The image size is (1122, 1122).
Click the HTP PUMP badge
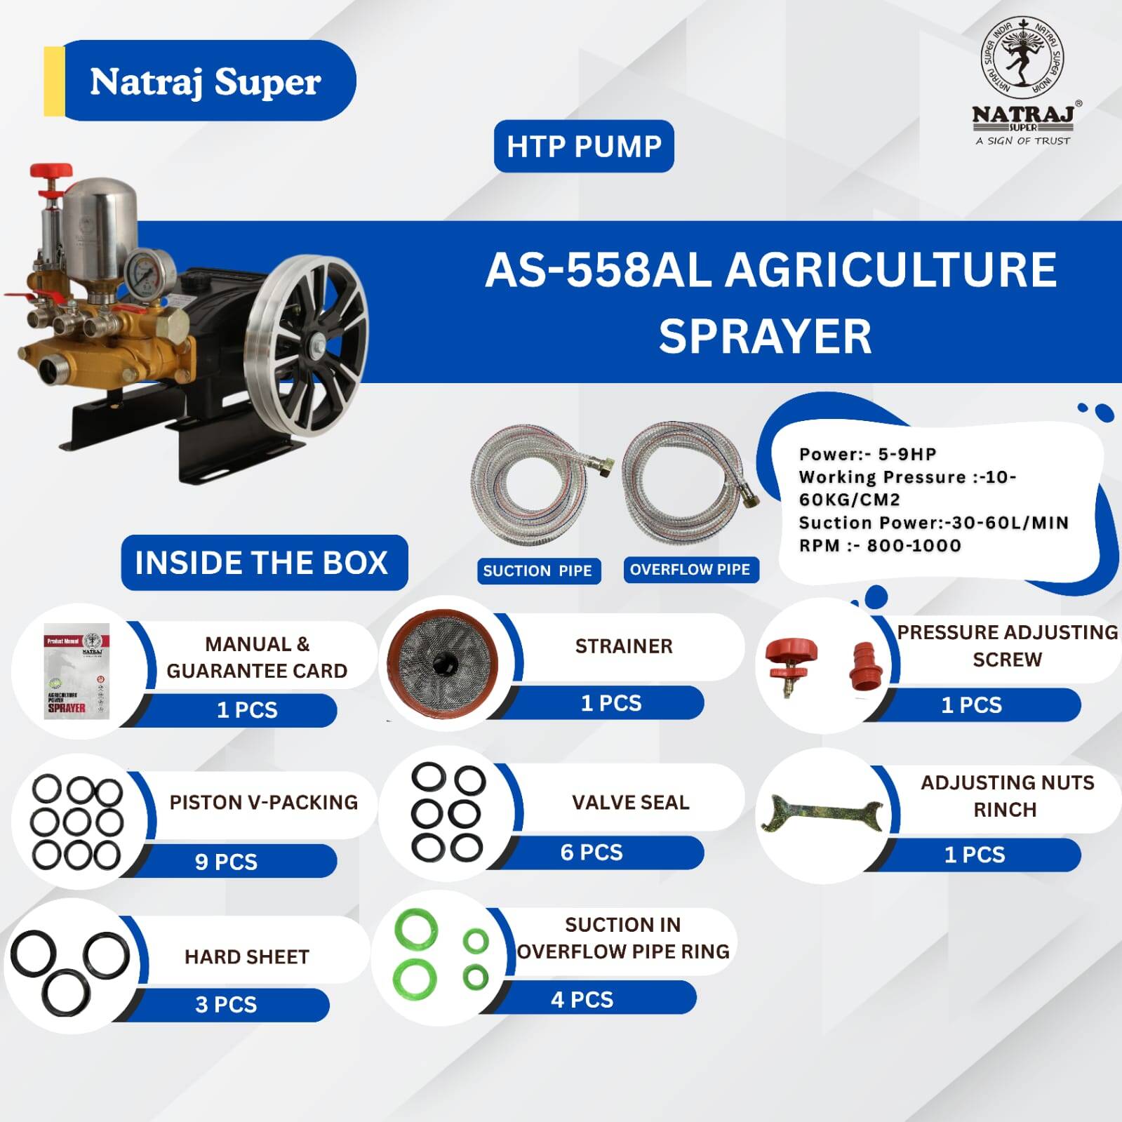(x=584, y=146)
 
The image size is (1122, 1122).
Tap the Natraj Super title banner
(x=200, y=81)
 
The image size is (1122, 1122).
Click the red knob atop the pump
(x=51, y=171)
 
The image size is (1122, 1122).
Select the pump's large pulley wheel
(x=306, y=344)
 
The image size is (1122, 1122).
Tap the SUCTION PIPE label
(x=537, y=570)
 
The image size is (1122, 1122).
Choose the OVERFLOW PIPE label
(x=690, y=569)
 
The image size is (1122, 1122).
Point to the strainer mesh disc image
(x=442, y=661)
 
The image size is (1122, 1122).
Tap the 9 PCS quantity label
(x=226, y=861)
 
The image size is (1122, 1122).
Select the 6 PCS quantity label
(x=592, y=852)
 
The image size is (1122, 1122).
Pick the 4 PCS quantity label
(x=582, y=999)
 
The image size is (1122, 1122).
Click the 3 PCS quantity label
(x=226, y=1004)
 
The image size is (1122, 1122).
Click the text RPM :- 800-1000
(x=880, y=545)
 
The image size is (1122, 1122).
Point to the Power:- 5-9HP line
(x=867, y=454)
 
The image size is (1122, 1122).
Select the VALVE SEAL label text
(x=630, y=802)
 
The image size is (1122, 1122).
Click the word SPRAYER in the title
(x=765, y=336)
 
